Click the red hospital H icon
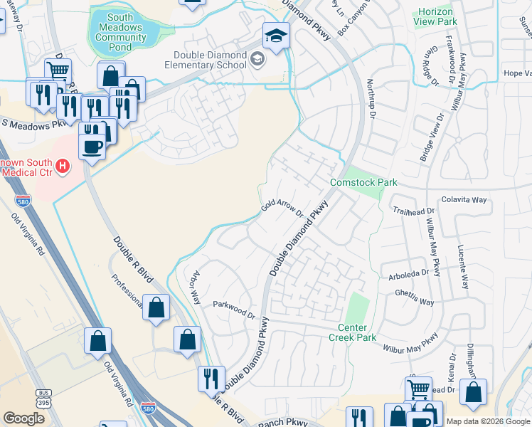coord(63,167)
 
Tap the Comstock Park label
coord(363,183)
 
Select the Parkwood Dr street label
coord(233,310)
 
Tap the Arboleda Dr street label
coord(409,273)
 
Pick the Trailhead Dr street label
coord(417,211)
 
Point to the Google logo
coord(23,418)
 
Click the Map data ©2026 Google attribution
coord(487,421)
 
